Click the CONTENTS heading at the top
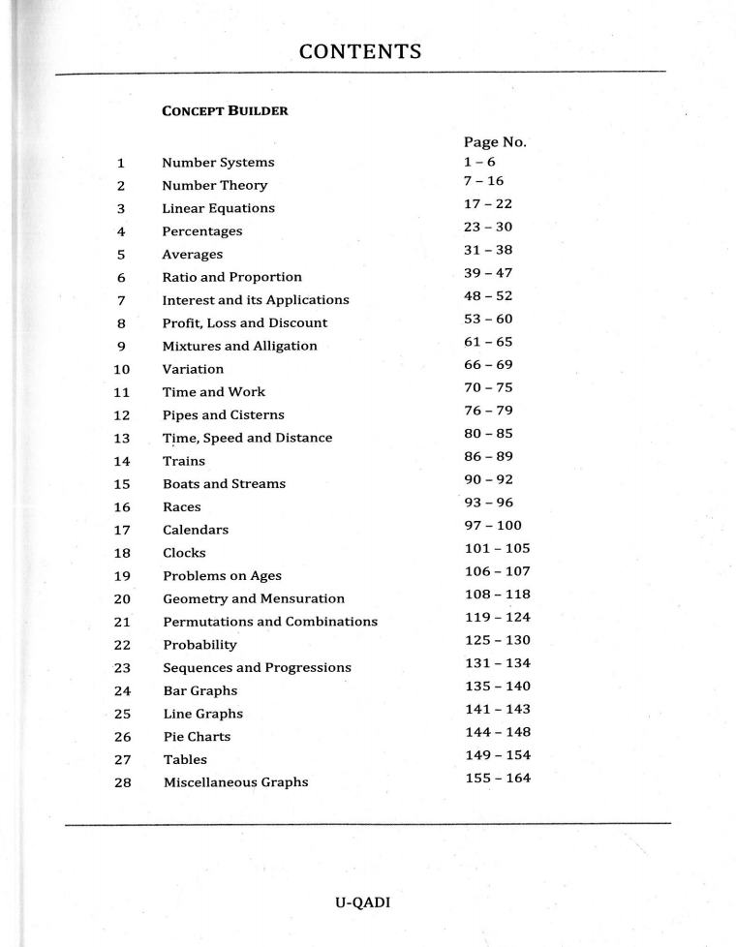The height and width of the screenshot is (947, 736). [360, 51]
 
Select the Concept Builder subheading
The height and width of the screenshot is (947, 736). [225, 110]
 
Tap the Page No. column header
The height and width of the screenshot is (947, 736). [495, 141]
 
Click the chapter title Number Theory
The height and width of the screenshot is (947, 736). [214, 185]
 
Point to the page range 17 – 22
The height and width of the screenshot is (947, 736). [488, 203]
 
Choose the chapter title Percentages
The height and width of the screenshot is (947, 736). [201, 231]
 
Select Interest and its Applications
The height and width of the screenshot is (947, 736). [255, 300]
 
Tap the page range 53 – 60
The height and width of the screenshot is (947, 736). [488, 319]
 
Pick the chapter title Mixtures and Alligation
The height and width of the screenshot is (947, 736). [239, 346]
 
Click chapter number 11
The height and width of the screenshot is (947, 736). [121, 392]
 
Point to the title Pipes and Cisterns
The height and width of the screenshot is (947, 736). [223, 415]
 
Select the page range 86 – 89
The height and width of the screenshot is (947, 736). [488, 456]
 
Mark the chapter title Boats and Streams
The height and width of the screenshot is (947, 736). [224, 484]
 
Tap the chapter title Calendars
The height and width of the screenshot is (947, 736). [195, 531]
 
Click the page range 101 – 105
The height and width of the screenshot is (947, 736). [498, 548]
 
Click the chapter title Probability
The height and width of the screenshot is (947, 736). [199, 645]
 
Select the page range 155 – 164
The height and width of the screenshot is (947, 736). [498, 778]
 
